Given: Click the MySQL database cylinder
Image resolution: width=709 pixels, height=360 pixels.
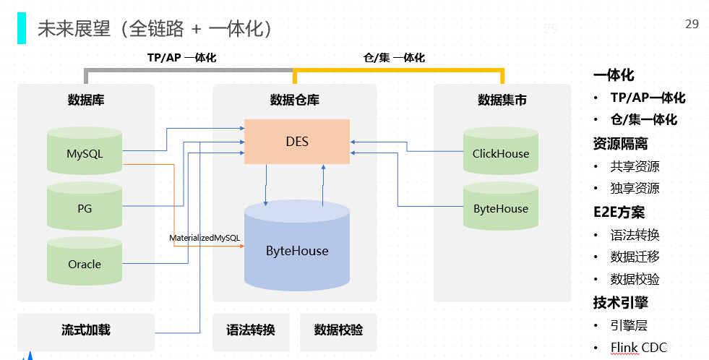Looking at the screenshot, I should (x=85, y=153).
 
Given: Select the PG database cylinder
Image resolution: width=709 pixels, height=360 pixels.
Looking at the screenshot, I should (x=85, y=208).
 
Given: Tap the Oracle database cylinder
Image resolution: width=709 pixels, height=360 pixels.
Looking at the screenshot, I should (x=85, y=263).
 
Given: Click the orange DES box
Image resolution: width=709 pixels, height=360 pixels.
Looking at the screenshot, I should (x=296, y=141).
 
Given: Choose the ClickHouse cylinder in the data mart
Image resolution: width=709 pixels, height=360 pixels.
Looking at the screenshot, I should (x=500, y=153).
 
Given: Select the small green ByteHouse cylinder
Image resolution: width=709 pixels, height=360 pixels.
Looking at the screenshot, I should (x=500, y=208).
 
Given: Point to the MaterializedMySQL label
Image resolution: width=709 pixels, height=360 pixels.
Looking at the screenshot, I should (x=205, y=238).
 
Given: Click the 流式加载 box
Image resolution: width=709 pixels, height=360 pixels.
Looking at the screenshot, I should (x=86, y=330).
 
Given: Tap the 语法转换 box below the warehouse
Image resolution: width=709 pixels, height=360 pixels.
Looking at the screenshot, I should (x=251, y=330).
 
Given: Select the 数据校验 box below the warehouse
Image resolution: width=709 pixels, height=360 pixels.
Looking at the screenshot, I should (x=338, y=330).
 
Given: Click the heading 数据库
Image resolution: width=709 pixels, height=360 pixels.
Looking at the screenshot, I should (x=86, y=100).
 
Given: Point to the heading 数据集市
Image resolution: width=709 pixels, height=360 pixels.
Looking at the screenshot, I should (x=502, y=100).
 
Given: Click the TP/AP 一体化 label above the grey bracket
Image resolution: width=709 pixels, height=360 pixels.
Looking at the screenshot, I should (x=181, y=57).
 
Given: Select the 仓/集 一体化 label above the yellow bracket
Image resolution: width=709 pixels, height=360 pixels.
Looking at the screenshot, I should (x=394, y=57).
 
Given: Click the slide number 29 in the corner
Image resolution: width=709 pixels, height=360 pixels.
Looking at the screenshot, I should (x=692, y=25).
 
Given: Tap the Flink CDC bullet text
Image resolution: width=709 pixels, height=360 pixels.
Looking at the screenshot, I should (x=638, y=348).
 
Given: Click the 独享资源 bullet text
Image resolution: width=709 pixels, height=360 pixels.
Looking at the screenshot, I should (x=635, y=188).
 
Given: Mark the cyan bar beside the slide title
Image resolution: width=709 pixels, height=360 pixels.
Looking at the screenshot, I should (x=22, y=28).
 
